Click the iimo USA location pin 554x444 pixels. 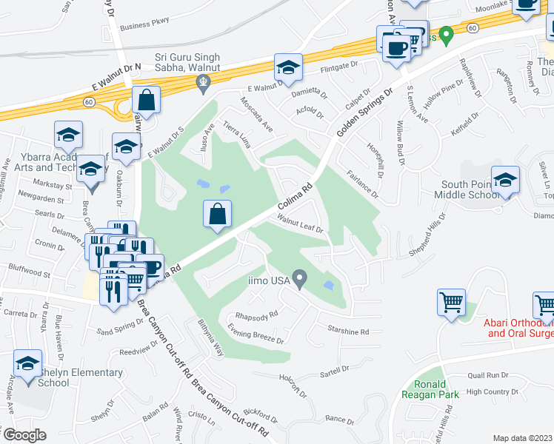[x=300, y=279]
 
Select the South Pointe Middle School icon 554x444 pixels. [x=506, y=181]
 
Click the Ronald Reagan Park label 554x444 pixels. [x=430, y=389]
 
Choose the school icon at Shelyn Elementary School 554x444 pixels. [x=27, y=364]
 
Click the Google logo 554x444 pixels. [x=24, y=435]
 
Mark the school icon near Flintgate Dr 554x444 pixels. [x=287, y=68]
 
